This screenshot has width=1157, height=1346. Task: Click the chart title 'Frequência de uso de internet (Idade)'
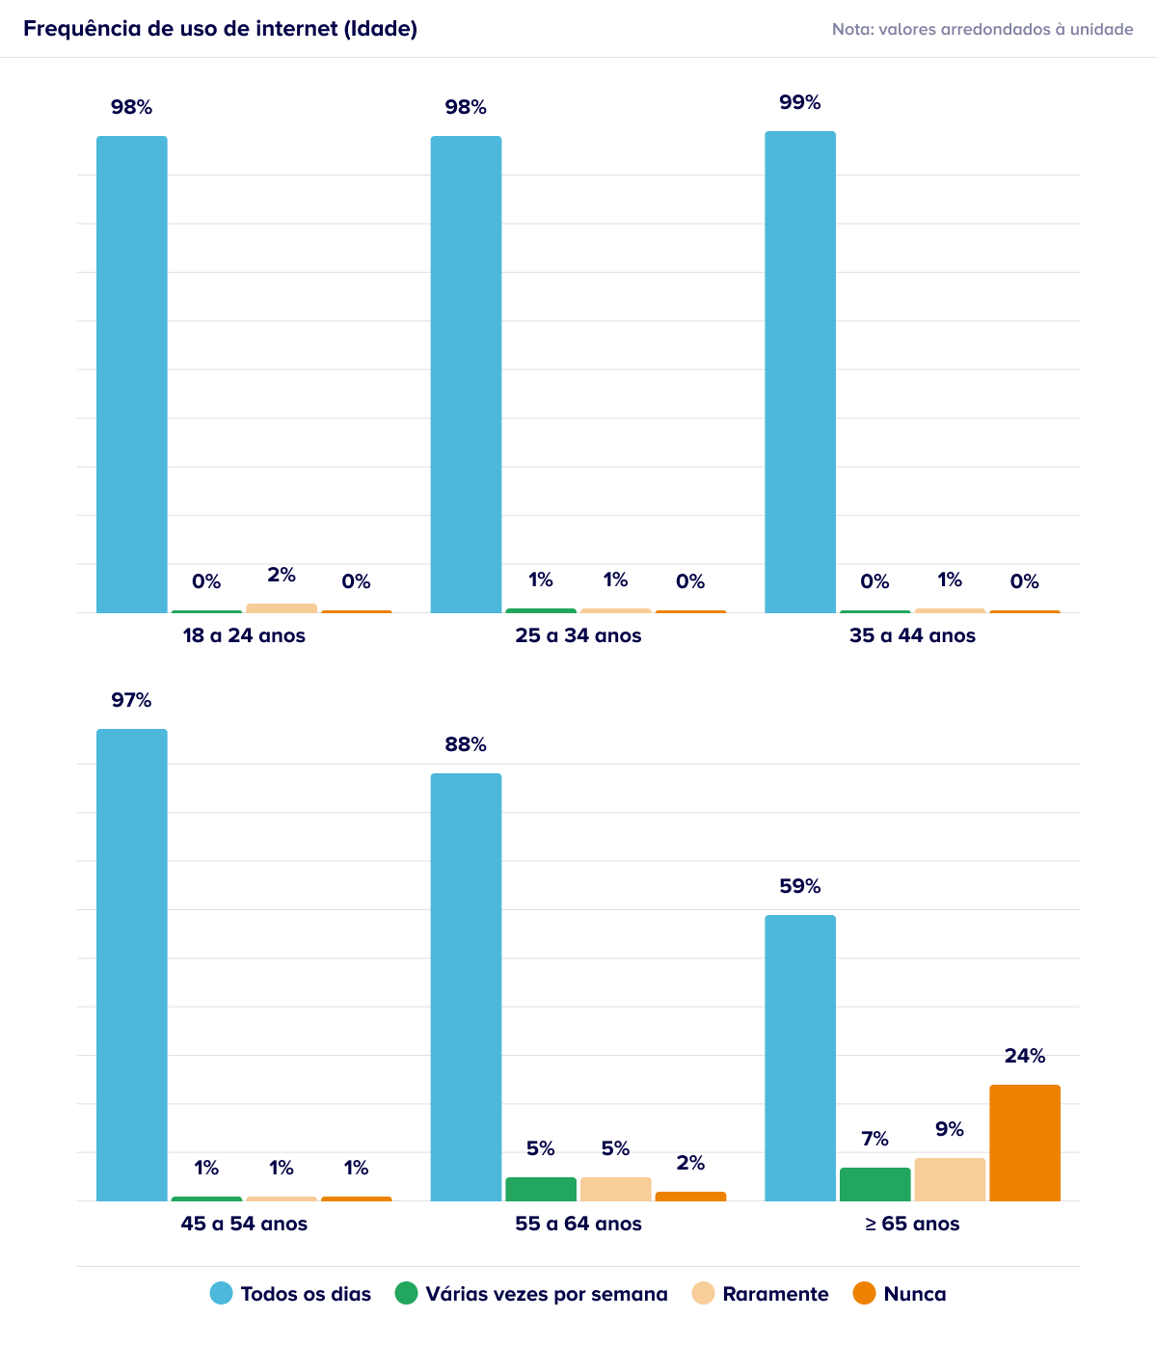pyautogui.click(x=220, y=29)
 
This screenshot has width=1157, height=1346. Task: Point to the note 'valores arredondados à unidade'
pyautogui.click(x=1006, y=29)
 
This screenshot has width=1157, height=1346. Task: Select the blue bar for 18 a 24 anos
pyautogui.click(x=131, y=374)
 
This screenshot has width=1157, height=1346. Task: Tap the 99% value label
pyautogui.click(x=799, y=102)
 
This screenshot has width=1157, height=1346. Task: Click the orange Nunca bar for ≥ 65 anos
pyautogui.click(x=1024, y=1143)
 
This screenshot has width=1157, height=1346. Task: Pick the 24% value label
pyautogui.click(x=1024, y=1056)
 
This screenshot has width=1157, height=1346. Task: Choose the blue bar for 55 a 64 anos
pyautogui.click(x=466, y=987)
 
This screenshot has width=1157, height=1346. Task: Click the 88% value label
pyautogui.click(x=466, y=744)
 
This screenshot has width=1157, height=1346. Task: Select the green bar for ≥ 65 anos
pyautogui.click(x=874, y=1184)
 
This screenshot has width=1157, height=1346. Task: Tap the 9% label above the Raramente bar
pyautogui.click(x=950, y=1129)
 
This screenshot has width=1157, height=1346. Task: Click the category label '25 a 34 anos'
pyautogui.click(x=578, y=635)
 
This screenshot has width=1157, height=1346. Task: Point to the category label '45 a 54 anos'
pyautogui.click(x=244, y=1224)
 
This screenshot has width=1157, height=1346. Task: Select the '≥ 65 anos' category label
pyautogui.click(x=912, y=1224)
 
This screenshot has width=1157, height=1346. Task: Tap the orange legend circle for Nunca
pyautogui.click(x=864, y=1293)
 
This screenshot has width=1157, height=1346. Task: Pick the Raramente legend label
pyautogui.click(x=775, y=1294)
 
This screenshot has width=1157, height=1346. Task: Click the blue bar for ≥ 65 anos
pyautogui.click(x=799, y=1058)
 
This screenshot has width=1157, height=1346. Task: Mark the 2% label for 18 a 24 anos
pyautogui.click(x=282, y=575)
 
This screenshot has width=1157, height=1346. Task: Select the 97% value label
pyautogui.click(x=131, y=700)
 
